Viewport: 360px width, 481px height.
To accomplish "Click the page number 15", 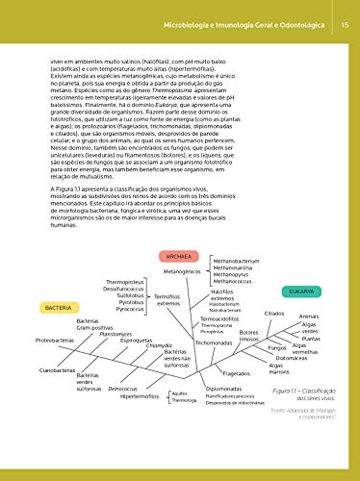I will (x=344, y=12).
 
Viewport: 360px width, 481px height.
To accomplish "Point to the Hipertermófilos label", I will (x=140, y=395).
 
